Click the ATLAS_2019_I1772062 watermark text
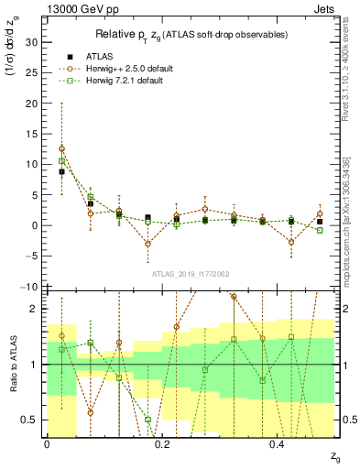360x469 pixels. tap(190, 274)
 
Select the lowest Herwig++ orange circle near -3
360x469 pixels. tap(147, 244)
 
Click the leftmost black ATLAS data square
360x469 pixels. tap(61, 171)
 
